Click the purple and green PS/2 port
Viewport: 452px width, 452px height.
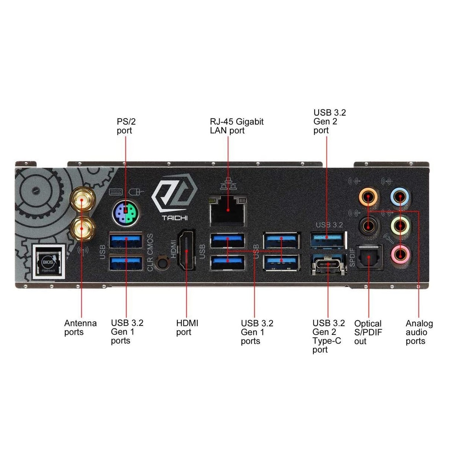point(126,213)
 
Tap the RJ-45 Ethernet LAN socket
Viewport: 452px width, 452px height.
point(228,210)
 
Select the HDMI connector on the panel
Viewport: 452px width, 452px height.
point(186,250)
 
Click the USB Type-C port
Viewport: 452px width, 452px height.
point(328,264)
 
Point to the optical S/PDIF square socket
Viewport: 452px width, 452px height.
point(369,257)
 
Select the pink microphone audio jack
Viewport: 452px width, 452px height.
point(400,254)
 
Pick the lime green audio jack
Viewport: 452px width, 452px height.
point(400,226)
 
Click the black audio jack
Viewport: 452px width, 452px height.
point(368,226)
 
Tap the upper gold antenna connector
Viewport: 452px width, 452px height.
point(82,200)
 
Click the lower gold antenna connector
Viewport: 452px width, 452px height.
point(82,228)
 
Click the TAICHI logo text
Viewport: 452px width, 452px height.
point(175,218)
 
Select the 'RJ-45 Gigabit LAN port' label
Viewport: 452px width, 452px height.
point(237,126)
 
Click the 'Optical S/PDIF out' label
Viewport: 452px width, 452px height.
point(368,332)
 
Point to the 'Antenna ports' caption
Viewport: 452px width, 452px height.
point(81,327)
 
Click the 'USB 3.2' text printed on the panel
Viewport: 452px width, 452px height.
point(329,225)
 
